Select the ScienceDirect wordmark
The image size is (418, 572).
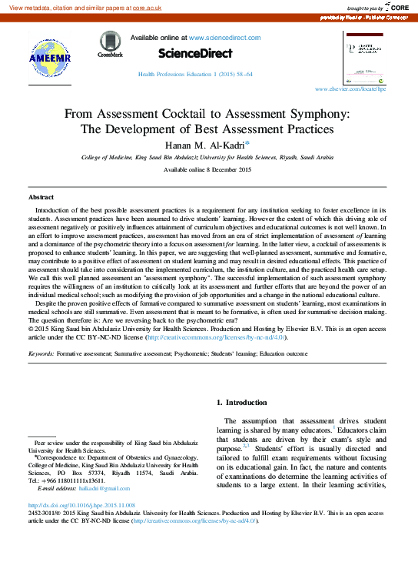coord(194,53)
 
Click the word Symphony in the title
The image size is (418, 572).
coord(317,113)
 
